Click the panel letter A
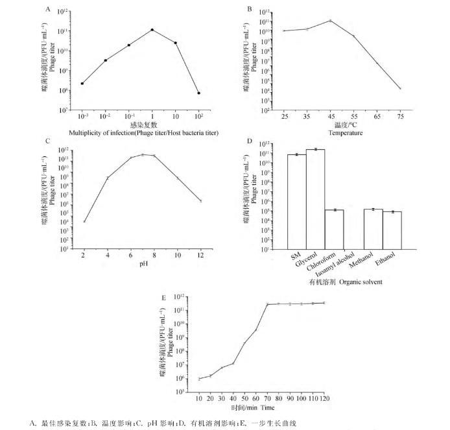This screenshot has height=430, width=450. pos(47,9)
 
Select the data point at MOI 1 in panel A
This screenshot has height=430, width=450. pos(152,30)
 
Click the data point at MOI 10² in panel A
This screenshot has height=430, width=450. pos(198,93)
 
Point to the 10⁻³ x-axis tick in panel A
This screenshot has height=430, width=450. pos(82,115)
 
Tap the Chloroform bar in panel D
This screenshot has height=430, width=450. pos(335,229)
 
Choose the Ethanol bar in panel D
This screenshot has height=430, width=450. pos(391,230)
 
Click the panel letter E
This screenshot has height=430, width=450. pos(164,296)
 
